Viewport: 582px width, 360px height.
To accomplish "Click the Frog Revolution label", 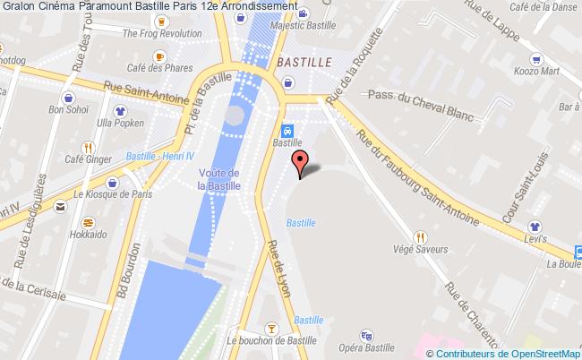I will [162, 34].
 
